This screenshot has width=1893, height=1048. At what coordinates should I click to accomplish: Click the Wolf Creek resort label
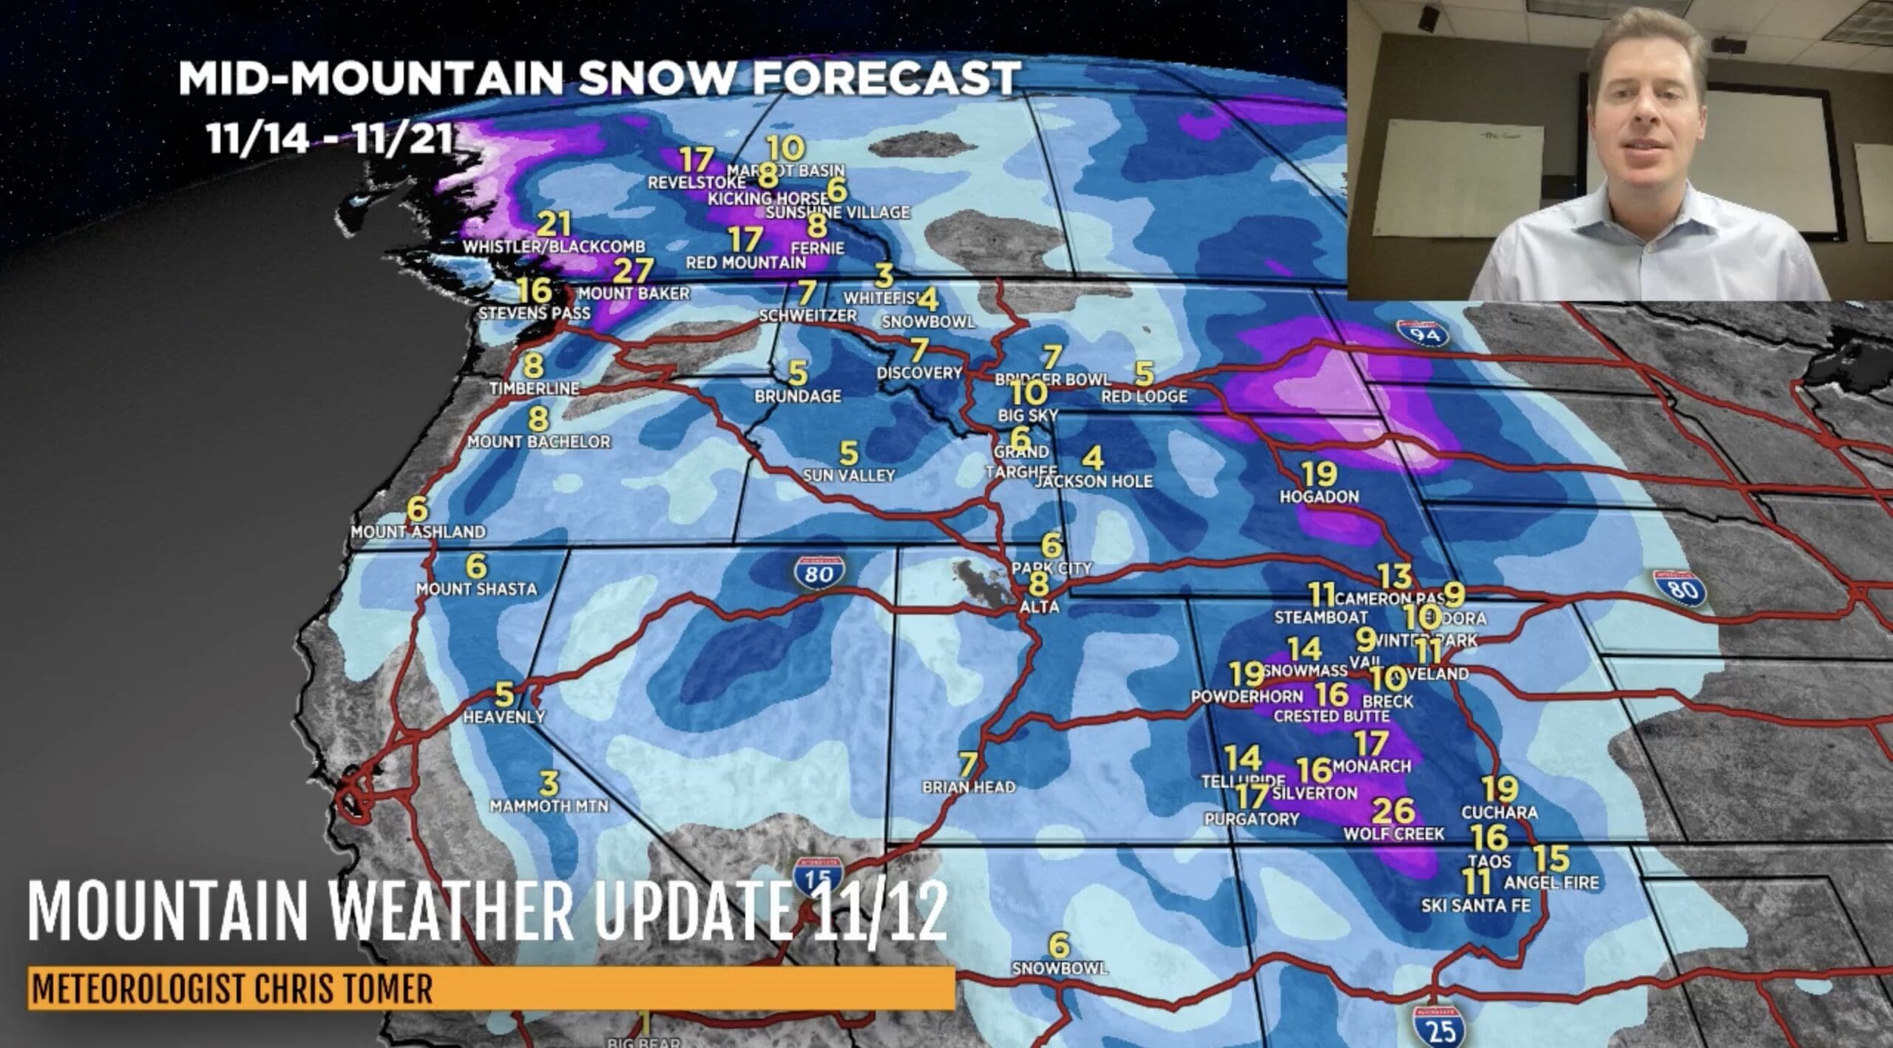[x=1393, y=834]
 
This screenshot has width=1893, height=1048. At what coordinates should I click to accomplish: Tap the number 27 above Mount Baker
[x=634, y=271]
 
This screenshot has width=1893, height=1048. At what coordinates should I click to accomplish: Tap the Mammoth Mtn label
[x=549, y=805]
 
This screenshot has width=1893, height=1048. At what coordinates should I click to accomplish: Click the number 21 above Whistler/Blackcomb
[x=554, y=224]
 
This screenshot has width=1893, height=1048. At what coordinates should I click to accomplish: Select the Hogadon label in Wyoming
[x=1319, y=496]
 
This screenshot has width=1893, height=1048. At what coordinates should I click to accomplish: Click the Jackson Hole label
[x=1094, y=481]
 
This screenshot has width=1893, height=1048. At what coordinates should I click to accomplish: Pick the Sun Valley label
[x=849, y=475]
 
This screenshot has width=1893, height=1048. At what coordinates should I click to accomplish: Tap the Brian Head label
[x=968, y=787]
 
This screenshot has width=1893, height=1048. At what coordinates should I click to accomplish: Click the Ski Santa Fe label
[x=1475, y=905]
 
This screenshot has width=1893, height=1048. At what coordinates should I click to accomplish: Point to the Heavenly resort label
[x=504, y=716]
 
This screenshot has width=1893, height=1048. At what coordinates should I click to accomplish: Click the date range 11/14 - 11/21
[x=331, y=138]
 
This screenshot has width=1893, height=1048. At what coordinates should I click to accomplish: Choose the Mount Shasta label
[x=476, y=589]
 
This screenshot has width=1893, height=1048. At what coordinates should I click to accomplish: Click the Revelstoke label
[x=696, y=182]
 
